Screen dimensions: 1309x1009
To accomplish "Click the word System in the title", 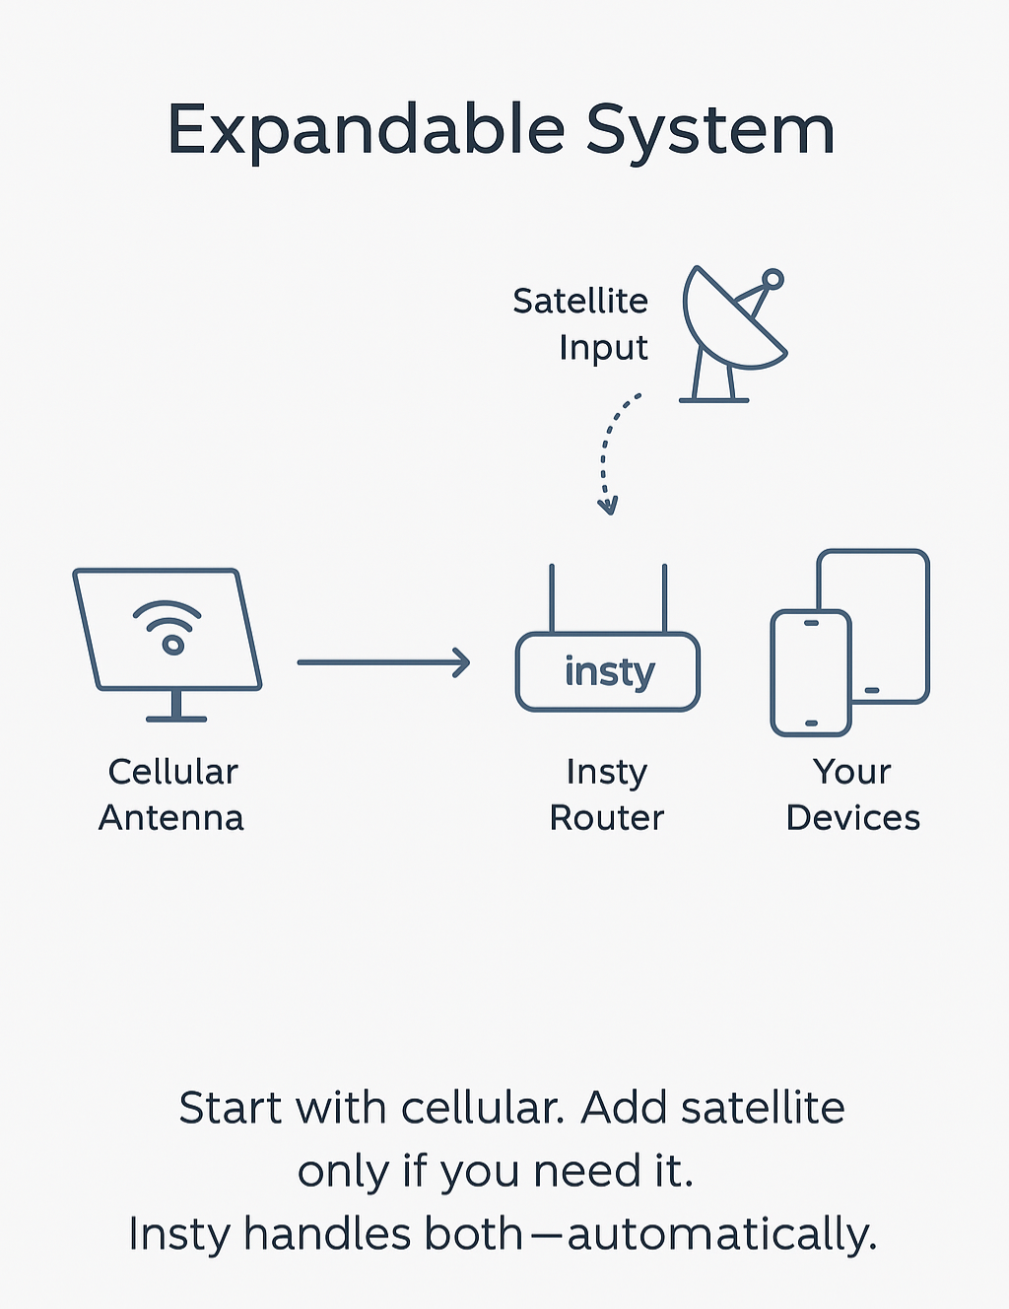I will pyautogui.click(x=709, y=131).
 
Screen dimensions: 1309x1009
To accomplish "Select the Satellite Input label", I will pyautogui.click(x=580, y=323).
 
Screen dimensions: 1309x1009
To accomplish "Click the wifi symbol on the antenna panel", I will pyautogui.click(x=168, y=629).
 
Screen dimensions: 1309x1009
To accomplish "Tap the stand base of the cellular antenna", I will pyautogui.click(x=176, y=718).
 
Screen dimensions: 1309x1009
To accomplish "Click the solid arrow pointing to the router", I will pyautogui.click(x=384, y=662).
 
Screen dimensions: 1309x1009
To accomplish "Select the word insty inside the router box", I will pyautogui.click(x=609, y=672).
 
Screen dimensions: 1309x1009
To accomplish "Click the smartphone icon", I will pyautogui.click(x=810, y=673).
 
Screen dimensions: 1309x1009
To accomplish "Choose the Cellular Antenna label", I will pyautogui.click(x=171, y=794).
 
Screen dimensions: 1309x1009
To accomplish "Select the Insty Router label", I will pyautogui.click(x=607, y=794).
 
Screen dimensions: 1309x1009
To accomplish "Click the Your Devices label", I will pyautogui.click(x=852, y=794).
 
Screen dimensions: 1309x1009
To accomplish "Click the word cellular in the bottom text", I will pyautogui.click(x=482, y=1108).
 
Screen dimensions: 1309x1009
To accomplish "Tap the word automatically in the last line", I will pyautogui.click(x=721, y=1234).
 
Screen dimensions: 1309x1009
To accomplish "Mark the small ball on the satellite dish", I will pyautogui.click(x=774, y=279).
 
